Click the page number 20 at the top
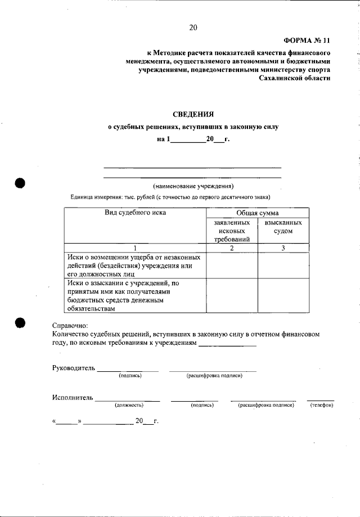[x=193, y=28]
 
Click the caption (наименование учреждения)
[x=193, y=186]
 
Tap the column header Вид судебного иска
[x=136, y=213]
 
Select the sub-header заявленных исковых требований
[x=232, y=231]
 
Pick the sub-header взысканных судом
[x=283, y=227]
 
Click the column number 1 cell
[x=135, y=248]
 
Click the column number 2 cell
[x=232, y=248]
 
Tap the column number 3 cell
[x=283, y=248]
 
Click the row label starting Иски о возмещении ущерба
[x=135, y=265]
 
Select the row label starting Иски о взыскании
[x=135, y=296]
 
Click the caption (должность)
[x=129, y=405]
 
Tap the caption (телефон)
[x=322, y=405]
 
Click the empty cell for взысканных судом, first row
[x=283, y=265]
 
